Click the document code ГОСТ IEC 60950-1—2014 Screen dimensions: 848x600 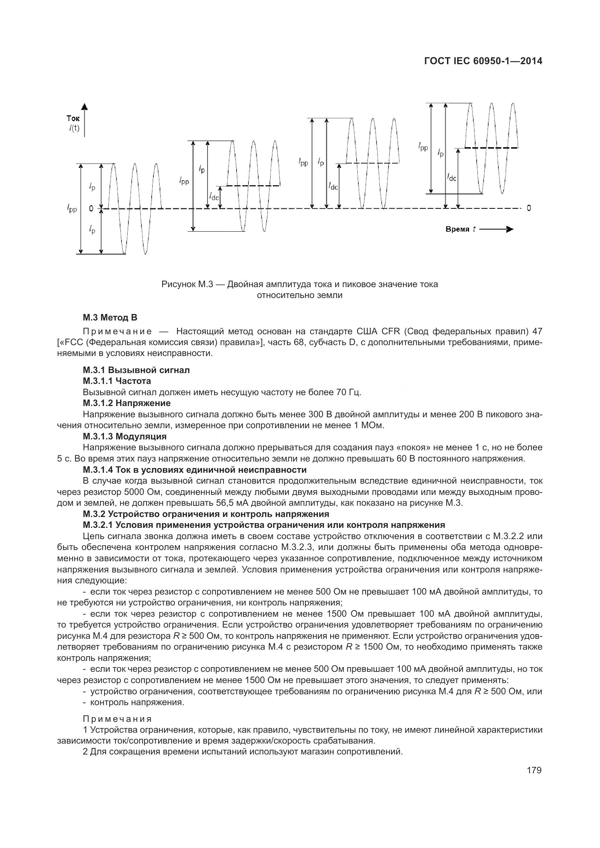483,61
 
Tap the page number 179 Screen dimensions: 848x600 534,770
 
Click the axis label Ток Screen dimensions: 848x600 73,119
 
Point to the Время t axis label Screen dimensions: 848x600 460,229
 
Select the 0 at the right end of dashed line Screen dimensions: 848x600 529,208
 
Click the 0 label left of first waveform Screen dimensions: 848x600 91,209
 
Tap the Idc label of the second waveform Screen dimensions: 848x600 214,197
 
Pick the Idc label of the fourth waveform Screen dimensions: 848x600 451,178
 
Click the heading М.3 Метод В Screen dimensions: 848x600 110,317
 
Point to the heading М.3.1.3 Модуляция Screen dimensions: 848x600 124,436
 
